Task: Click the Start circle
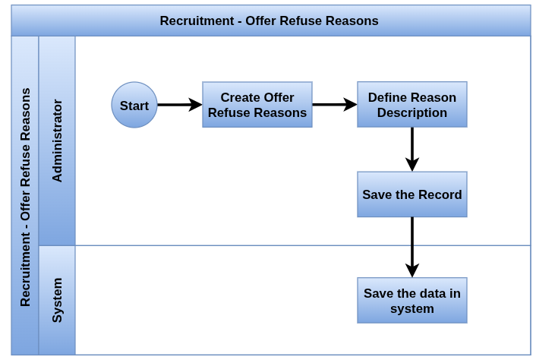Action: click(134, 105)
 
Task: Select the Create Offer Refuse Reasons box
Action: click(257, 105)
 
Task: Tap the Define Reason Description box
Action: click(412, 105)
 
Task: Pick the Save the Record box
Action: click(412, 194)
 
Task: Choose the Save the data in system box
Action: click(412, 300)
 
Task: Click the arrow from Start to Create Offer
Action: click(180, 105)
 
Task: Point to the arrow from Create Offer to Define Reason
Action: click(335, 105)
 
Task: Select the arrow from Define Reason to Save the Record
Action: click(412, 150)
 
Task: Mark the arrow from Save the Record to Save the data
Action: click(412, 247)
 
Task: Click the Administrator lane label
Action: click(57, 141)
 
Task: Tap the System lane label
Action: click(57, 300)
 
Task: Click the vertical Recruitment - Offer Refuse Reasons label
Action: click(25, 197)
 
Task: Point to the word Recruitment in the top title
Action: click(197, 21)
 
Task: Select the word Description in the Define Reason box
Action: click(412, 113)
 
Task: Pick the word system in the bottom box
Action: click(412, 308)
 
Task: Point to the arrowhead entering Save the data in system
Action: click(412, 270)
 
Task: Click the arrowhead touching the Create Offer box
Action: click(195, 105)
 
